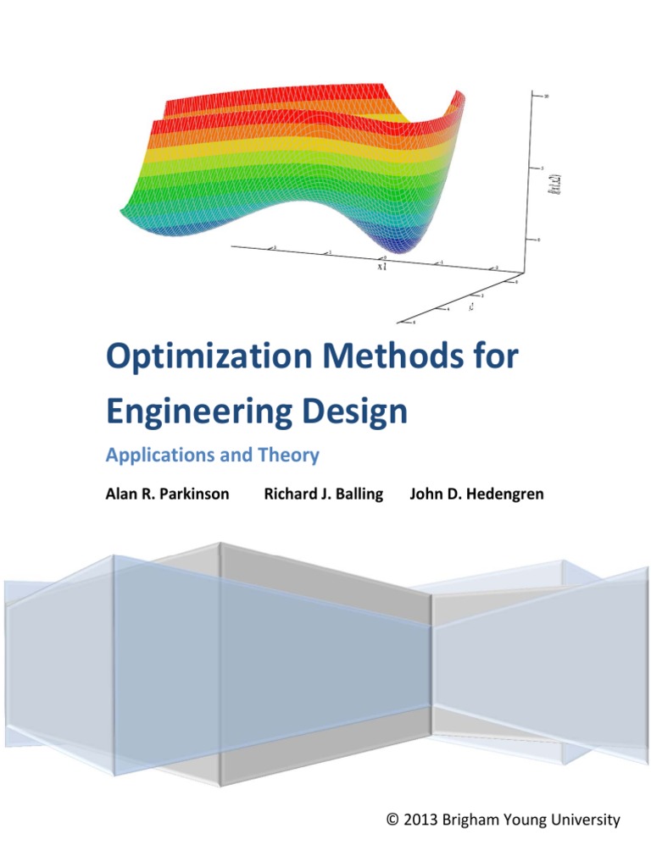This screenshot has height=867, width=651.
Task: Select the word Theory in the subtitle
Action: [x=289, y=456]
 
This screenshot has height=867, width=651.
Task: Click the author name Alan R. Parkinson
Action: [x=167, y=494]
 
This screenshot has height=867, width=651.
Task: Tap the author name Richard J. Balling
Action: [x=323, y=494]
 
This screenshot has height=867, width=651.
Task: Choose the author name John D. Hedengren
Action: [x=476, y=494]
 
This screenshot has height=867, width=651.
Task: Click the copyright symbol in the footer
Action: [x=392, y=820]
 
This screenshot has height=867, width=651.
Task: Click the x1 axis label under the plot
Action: [x=381, y=266]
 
